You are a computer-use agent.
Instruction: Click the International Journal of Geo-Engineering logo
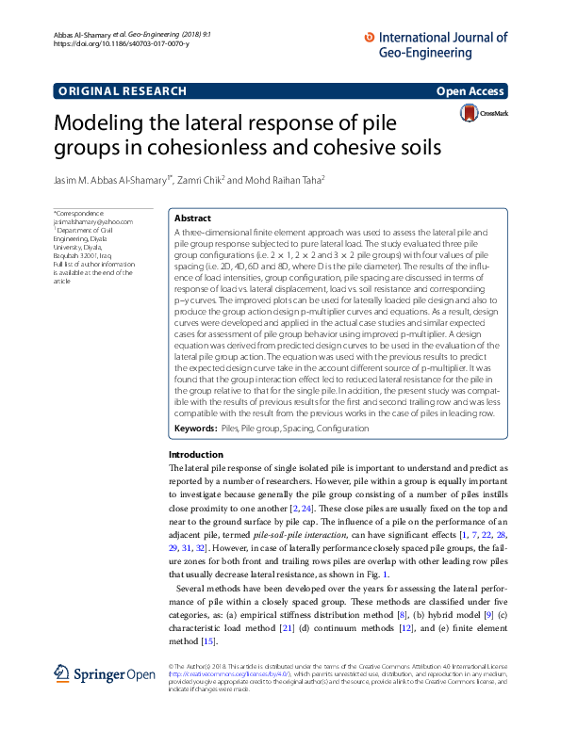pyautogui.click(x=435, y=45)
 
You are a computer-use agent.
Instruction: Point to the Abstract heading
pyautogui.click(x=193, y=218)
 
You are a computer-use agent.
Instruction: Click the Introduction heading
pyautogui.click(x=195, y=455)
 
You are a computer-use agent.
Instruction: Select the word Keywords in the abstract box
pyautogui.click(x=195, y=429)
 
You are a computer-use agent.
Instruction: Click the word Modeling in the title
pyautogui.click(x=105, y=124)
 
